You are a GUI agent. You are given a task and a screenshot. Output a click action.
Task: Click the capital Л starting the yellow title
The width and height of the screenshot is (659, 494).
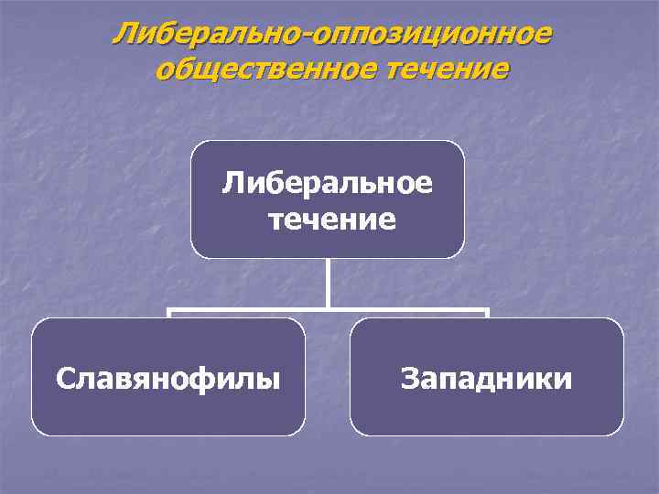click(121, 35)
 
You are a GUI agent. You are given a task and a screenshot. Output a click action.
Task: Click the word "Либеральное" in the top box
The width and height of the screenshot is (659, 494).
click(328, 182)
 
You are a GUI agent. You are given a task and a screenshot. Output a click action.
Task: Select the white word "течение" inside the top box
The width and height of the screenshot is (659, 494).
click(328, 219)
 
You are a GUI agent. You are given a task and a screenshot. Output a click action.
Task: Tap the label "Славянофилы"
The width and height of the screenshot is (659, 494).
click(168, 378)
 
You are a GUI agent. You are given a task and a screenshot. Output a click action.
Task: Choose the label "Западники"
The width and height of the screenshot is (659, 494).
click(487, 378)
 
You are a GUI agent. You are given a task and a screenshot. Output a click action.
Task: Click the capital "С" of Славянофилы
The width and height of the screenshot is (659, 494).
click(64, 378)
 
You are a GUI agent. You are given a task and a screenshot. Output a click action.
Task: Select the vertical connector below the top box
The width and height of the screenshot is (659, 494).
click(328, 284)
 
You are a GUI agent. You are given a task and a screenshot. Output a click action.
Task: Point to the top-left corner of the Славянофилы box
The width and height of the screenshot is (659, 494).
click(34, 320)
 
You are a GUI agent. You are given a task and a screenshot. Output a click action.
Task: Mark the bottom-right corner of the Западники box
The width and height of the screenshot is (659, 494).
click(621, 433)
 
